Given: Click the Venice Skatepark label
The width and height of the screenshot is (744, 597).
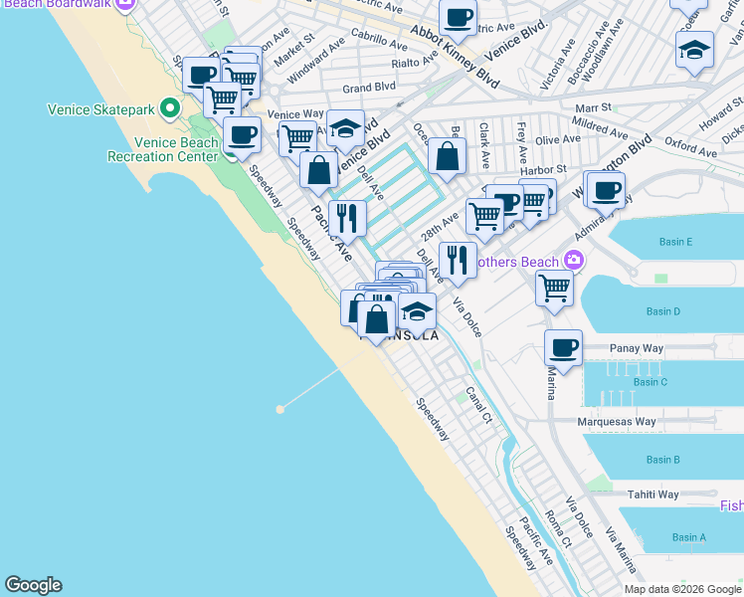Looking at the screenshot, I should coord(101,106).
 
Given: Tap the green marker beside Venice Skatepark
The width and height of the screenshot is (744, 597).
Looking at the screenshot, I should coord(171,106).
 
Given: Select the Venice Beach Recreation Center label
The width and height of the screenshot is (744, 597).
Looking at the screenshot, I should coord(163,149).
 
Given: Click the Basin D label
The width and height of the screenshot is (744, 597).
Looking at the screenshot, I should coord(662,311).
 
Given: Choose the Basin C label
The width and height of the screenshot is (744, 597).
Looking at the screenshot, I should coord(650,382).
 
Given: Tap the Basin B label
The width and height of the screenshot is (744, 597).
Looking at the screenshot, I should coord(662,460).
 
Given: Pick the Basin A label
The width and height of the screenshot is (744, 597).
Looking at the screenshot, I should coord(689,537).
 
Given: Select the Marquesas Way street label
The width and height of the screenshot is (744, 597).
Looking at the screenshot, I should coord(617,422).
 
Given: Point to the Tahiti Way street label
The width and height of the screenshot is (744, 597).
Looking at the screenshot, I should coord(652,495).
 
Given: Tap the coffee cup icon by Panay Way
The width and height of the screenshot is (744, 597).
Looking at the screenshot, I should coord(563,349).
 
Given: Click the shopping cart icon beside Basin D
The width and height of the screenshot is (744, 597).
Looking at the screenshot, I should coord(554,289).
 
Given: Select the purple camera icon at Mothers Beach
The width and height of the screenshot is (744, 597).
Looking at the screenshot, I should coord(573,261).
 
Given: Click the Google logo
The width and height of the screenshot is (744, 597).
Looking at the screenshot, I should coord(33,585).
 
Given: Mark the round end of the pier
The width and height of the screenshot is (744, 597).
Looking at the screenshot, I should coord(280,408).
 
